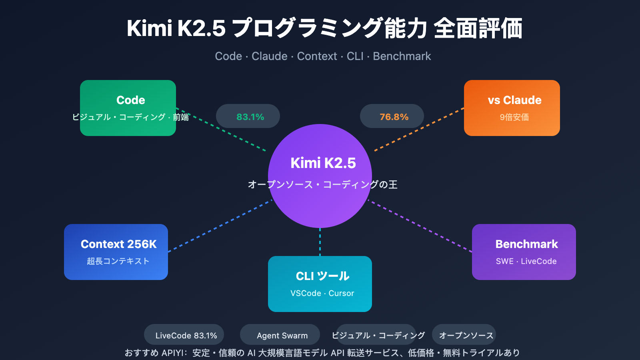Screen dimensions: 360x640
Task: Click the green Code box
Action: coord(128,108)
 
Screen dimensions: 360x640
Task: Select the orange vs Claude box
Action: coord(512,108)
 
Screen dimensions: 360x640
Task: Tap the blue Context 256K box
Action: coord(116,252)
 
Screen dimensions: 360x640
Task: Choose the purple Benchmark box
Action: coord(524,252)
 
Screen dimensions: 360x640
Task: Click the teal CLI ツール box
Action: coord(320,284)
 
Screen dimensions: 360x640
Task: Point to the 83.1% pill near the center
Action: coord(248,116)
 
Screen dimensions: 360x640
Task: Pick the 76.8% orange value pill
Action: coord(392,116)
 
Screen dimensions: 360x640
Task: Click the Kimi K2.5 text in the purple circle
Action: coord(323,163)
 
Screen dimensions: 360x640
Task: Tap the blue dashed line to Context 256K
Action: coord(220,226)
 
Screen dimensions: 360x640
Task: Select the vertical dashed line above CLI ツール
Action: coord(320,242)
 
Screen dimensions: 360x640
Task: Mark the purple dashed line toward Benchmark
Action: coord(420,226)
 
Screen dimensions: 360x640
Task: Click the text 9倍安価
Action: coord(514,117)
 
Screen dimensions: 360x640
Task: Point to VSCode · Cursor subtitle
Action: coord(322,293)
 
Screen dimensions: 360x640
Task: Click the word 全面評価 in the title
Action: coord(478,29)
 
